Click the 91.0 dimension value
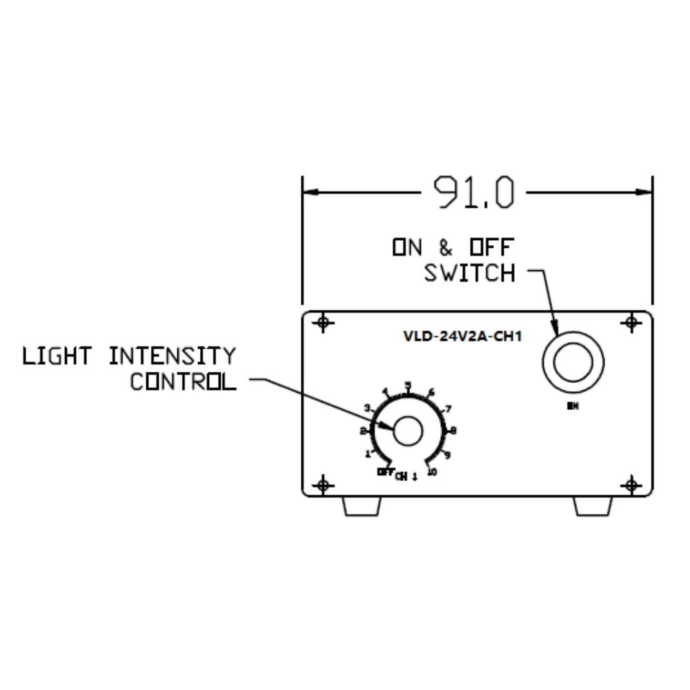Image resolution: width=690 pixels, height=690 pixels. pos(473,193)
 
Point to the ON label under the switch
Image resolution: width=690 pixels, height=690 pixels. pos(572,406)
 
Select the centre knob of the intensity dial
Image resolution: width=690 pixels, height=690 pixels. pos(408,431)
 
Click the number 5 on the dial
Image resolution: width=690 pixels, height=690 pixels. pos(408,386)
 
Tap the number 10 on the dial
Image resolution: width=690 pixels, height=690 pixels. pos(433,473)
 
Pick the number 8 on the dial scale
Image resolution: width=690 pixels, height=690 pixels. pos(453,431)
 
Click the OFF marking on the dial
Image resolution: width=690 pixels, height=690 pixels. pos(385,472)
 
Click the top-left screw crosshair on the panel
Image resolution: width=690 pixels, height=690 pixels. pos(322,322)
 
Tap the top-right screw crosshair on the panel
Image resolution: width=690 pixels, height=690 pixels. pos(631,322)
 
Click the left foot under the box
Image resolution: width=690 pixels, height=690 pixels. pos(362,506)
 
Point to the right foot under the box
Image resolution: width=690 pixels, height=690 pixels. pos(593,506)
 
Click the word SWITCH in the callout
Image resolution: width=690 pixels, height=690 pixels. pos(470,273)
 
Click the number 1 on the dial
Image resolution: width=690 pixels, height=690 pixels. pos(368,454)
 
